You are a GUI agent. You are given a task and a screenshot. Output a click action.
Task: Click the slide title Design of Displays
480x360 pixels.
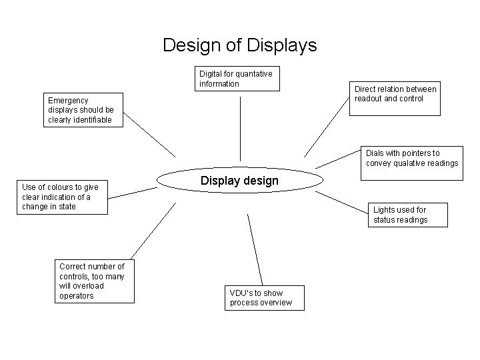[x=240, y=45]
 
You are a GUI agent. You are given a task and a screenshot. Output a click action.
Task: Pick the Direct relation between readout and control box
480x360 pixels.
[x=396, y=99]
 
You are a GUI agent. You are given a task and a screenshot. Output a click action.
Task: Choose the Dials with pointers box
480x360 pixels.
[x=412, y=158]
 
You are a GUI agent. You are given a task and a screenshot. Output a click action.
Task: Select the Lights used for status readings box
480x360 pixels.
[x=407, y=215]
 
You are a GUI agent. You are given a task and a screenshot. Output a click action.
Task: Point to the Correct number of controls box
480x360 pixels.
[x=94, y=281]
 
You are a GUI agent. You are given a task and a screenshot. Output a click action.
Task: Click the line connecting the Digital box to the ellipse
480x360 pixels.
[x=240, y=127]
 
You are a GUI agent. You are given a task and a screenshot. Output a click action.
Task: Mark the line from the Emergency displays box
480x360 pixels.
[x=149, y=134]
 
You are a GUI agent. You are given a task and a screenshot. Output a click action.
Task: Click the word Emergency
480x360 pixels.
[x=68, y=101]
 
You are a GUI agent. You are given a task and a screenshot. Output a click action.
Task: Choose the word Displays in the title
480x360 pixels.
[x=281, y=45]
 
